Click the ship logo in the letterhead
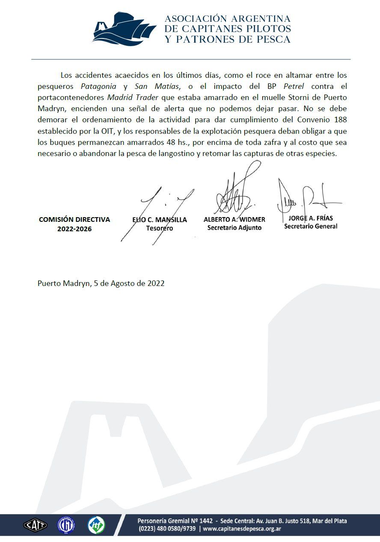coord(124,29)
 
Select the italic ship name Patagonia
coord(98,85)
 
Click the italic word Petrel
coord(294,85)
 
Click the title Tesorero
coord(159,229)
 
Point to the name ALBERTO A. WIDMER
coord(235,219)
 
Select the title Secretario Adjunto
coord(235,228)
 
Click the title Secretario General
coord(311,227)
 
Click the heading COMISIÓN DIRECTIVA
coord(74,219)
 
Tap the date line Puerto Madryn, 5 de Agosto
coord(101,283)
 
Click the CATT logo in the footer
coord(35,524)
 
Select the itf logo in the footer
coord(96,524)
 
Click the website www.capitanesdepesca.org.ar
coord(242,529)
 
